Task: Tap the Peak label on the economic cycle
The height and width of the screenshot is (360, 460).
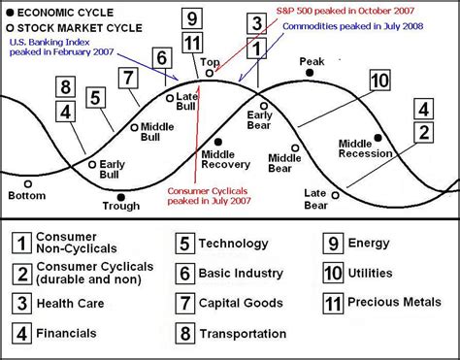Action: (312, 60)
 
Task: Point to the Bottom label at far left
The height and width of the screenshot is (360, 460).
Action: (26, 195)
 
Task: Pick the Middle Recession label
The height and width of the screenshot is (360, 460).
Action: (368, 148)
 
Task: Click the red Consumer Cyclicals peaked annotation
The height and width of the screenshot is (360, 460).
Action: (207, 195)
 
